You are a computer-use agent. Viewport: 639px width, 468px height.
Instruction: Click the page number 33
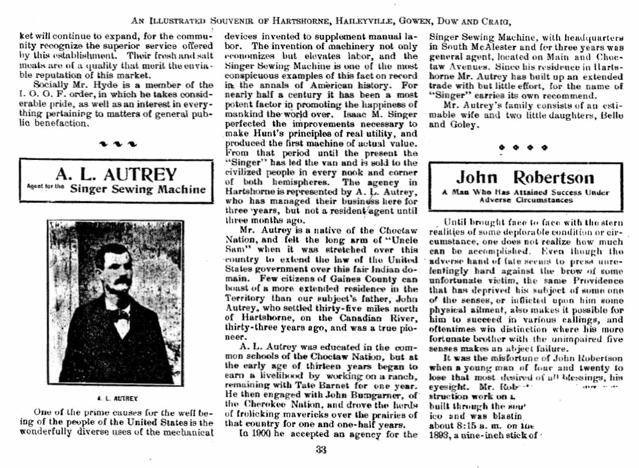[x=321, y=450]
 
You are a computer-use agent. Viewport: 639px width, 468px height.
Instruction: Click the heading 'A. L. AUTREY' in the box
[x=116, y=174]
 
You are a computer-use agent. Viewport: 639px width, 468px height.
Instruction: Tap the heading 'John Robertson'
[x=525, y=177]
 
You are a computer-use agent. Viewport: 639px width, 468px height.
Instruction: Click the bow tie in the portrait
[x=121, y=316]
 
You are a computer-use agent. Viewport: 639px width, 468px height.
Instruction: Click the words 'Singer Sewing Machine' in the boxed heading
[x=138, y=189]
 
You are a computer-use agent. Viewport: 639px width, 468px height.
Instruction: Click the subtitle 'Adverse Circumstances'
[x=526, y=200]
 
